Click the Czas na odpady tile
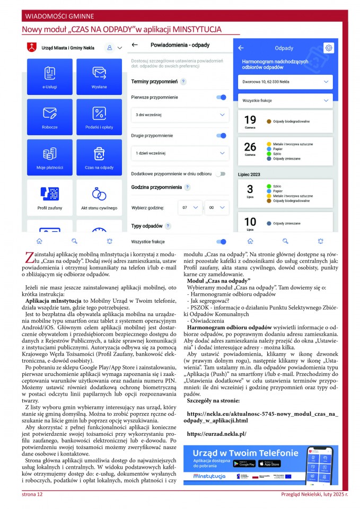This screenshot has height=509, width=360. click(99, 157)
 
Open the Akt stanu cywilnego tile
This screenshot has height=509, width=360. click(99, 197)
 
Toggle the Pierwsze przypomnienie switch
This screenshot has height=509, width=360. click(221, 98)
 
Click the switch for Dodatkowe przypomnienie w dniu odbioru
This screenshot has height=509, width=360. click(221, 173)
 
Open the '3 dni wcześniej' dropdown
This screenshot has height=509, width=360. click(180, 115)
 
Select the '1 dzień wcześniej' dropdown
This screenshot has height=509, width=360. click(180, 153)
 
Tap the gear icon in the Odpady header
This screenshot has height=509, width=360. click(329, 48)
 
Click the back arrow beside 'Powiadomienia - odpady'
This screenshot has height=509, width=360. click(135, 46)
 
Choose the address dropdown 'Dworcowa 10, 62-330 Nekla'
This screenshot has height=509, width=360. click(286, 82)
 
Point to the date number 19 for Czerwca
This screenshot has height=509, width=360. click(250, 119)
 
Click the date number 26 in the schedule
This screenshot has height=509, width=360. click(250, 147)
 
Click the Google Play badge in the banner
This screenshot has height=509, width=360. click(244, 463)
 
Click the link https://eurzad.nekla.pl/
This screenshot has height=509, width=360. click(217, 434)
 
